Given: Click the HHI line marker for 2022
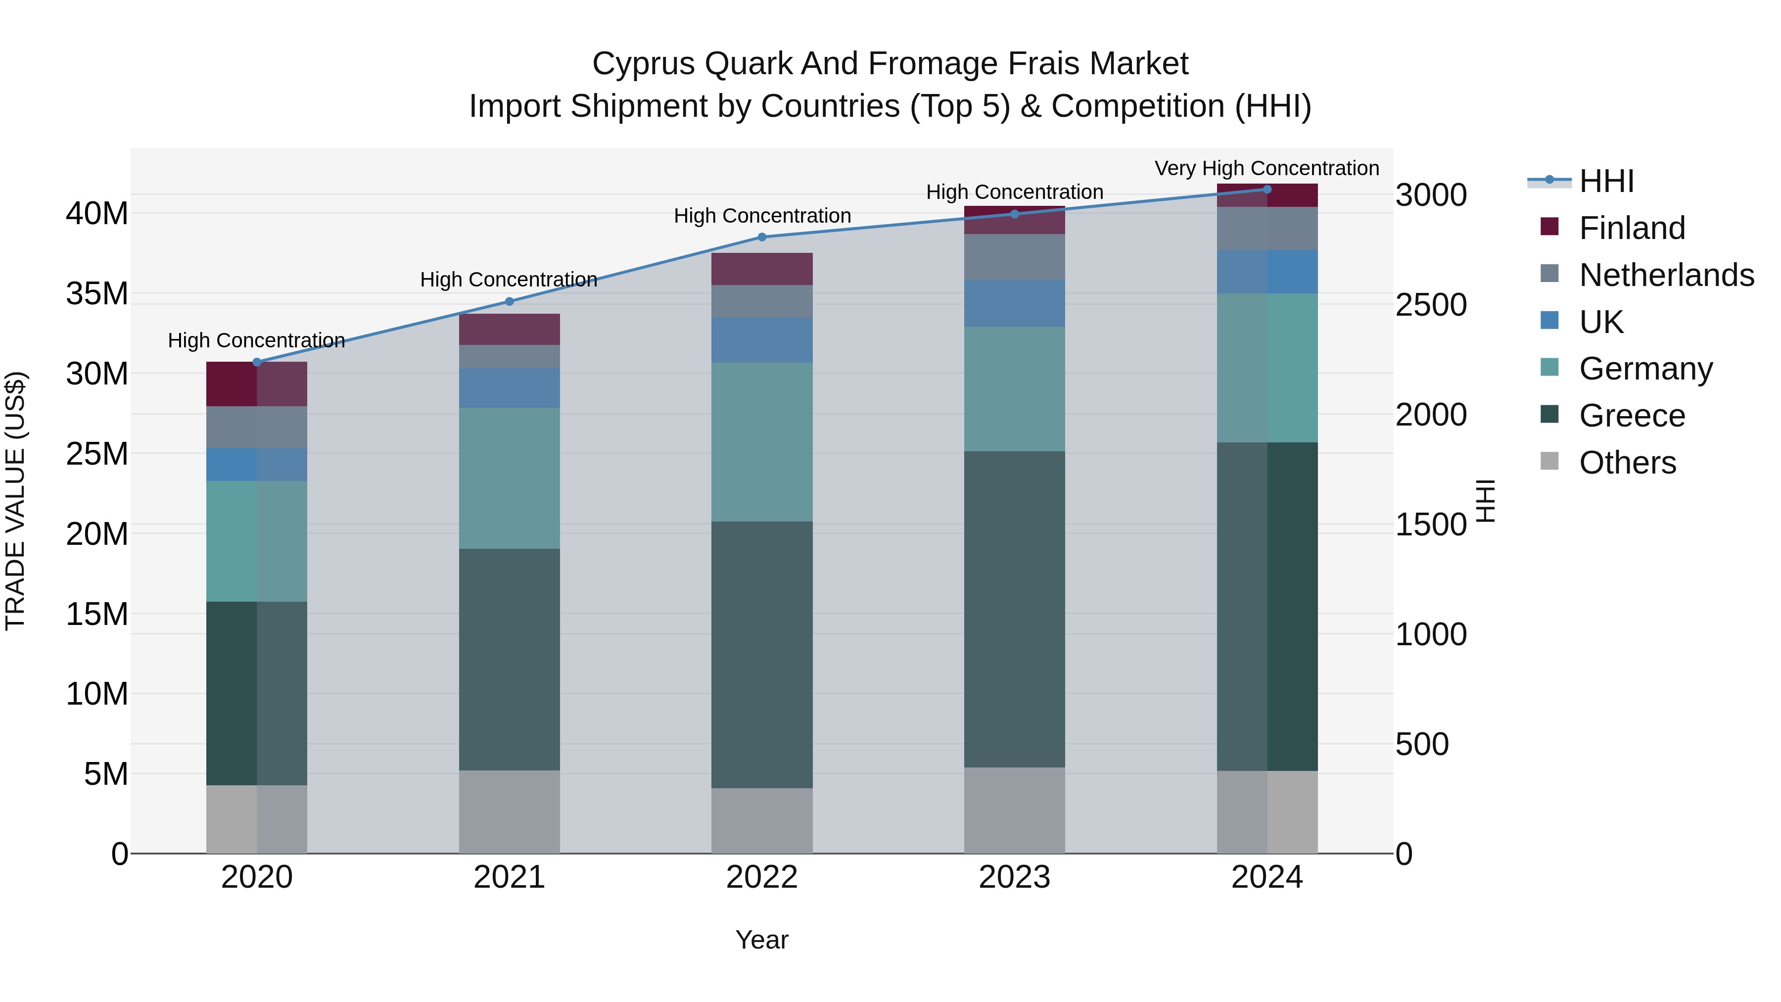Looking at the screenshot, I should (x=762, y=237).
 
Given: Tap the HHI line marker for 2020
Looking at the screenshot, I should (x=256, y=362).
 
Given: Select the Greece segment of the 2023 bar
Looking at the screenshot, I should (x=1014, y=609).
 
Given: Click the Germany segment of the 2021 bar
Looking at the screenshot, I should (x=509, y=478).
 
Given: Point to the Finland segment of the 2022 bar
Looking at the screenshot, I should (x=762, y=269).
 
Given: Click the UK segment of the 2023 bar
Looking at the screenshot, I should (x=1014, y=303).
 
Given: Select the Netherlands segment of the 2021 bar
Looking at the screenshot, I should (x=509, y=356).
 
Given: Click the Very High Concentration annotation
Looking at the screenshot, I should (x=1266, y=168).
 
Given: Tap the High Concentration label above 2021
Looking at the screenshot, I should (x=509, y=280).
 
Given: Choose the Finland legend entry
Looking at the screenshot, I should (x=1632, y=228).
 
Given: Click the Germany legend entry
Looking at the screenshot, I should (x=1645, y=369).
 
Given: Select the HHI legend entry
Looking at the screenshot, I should (x=1606, y=181).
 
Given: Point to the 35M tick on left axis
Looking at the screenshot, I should (x=97, y=294).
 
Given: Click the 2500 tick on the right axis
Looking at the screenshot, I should (x=1430, y=305).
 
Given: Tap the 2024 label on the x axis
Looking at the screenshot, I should (x=1266, y=877).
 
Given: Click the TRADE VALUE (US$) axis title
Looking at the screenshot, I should (x=15, y=501).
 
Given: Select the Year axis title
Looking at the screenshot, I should (x=762, y=940).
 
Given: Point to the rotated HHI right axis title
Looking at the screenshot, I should (x=1486, y=501).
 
